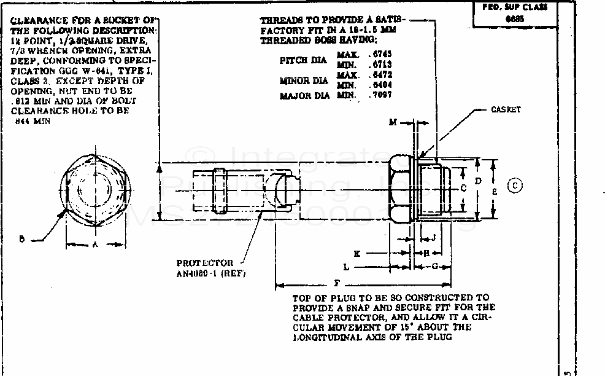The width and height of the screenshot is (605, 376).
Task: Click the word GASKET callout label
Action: tap(506, 109)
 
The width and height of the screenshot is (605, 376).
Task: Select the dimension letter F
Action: tap(337, 284)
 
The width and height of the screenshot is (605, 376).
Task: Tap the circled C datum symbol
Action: tap(516, 185)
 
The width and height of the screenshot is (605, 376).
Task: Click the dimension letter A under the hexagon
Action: tap(95, 244)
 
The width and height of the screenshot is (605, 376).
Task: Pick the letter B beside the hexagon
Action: tap(21, 240)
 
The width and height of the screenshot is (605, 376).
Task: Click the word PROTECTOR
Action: tap(205, 262)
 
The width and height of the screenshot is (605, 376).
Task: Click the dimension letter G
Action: tap(434, 266)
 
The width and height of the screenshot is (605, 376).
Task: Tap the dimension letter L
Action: tap(346, 267)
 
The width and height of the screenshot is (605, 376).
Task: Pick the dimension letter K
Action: tap(356, 253)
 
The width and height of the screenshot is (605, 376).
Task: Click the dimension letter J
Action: tap(433, 237)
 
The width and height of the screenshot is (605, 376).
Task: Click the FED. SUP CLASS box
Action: tap(510, 13)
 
